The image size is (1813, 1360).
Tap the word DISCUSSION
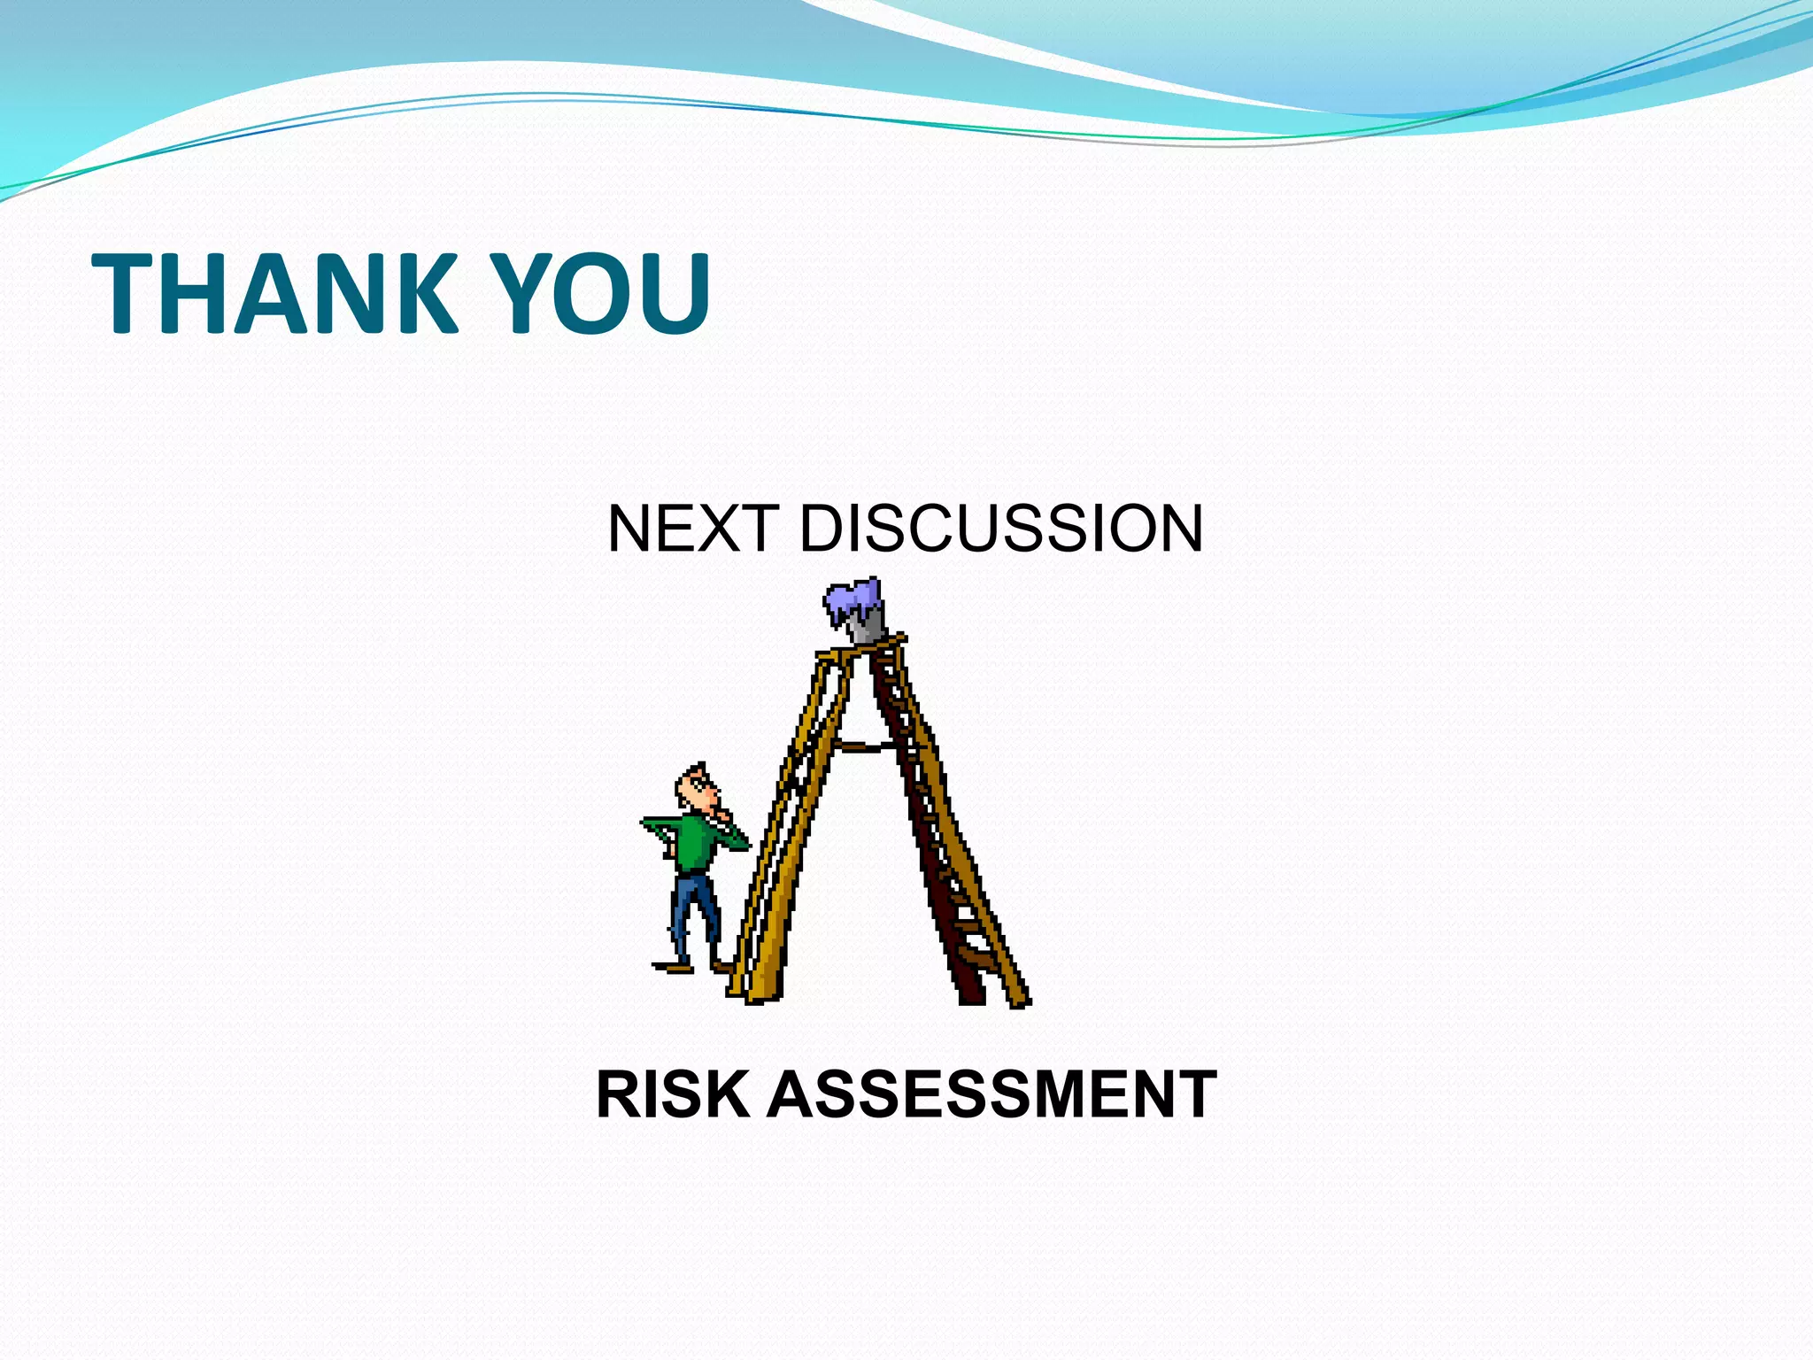(x=1000, y=529)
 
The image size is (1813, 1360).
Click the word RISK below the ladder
(x=673, y=1095)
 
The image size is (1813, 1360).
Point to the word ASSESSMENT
(x=992, y=1095)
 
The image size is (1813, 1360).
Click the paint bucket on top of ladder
(x=864, y=620)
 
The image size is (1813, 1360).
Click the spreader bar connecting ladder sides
(x=868, y=746)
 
